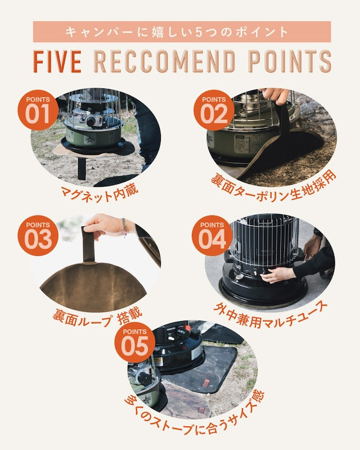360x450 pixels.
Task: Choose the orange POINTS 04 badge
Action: coord(212,235)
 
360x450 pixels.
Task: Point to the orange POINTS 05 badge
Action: coord(134,343)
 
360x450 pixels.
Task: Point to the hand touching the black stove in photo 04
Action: coord(278,274)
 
